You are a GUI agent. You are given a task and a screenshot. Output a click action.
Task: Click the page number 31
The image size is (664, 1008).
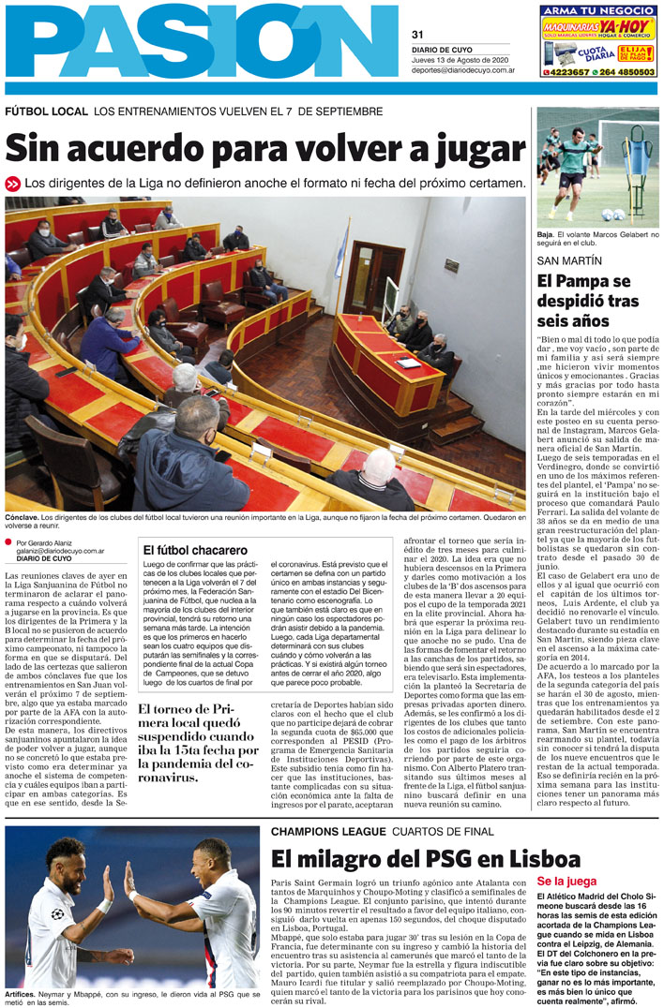pos(418,36)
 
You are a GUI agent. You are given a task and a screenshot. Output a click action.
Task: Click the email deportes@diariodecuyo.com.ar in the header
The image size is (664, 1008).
pos(463,70)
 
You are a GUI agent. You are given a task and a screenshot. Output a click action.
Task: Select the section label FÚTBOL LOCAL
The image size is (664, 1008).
pos(46,111)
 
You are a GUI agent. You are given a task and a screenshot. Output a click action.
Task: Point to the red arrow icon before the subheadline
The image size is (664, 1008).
pos(12,184)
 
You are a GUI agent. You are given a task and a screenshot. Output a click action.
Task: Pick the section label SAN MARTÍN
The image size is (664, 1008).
pos(569,260)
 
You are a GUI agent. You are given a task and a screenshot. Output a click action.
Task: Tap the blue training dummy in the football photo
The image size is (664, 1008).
pos(634,162)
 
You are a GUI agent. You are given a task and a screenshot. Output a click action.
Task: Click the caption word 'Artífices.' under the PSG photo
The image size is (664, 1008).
pos(22,993)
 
